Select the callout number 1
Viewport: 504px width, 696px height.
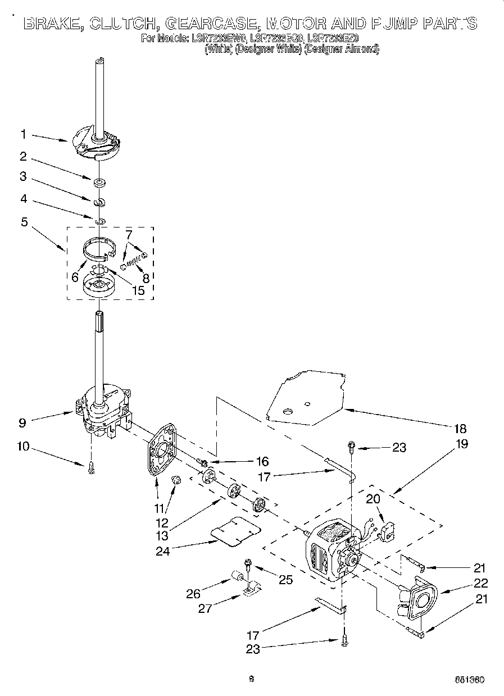click(x=24, y=134)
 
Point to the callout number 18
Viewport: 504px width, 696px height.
click(x=460, y=429)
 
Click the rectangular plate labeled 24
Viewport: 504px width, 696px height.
click(x=236, y=530)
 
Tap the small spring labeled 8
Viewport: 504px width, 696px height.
click(x=134, y=259)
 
